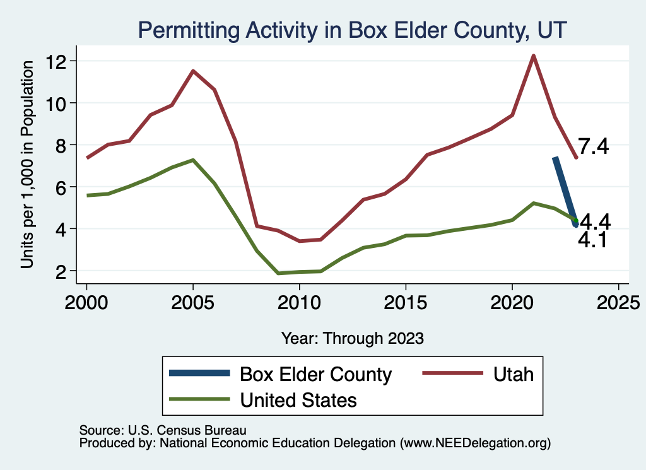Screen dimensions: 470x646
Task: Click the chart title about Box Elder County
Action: point(353,30)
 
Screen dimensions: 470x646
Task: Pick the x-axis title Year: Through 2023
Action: point(352,338)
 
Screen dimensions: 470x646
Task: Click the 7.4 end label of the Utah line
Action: point(593,148)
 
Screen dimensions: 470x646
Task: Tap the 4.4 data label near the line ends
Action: point(594,222)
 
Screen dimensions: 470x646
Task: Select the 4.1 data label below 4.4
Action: point(592,240)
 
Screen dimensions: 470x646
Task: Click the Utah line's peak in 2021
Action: point(534,56)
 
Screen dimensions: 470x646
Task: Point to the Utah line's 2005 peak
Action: point(193,71)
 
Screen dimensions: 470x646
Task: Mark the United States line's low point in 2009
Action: point(278,273)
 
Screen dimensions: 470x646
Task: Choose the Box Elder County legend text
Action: point(316,374)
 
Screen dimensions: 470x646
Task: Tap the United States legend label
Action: point(298,400)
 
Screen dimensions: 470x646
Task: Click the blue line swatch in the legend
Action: point(199,374)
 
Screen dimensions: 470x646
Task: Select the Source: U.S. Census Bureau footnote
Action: point(162,430)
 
